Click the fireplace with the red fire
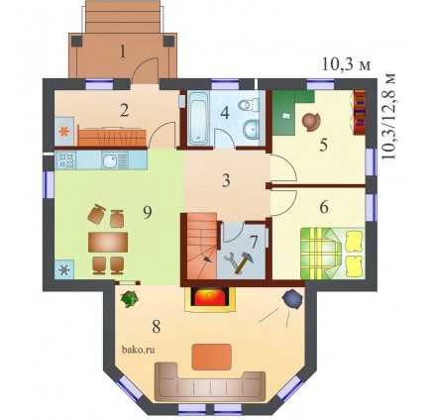point(210,299)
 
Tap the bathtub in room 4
point(198,119)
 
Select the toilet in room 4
point(250,105)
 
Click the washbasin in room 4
point(253,129)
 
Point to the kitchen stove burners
point(66,160)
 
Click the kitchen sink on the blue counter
point(109,160)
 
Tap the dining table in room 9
point(108,242)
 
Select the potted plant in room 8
point(130,298)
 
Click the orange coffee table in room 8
point(211,357)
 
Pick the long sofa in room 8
point(210,382)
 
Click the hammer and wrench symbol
point(239,262)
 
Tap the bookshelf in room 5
point(360,112)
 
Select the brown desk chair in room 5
point(311,121)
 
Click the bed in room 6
point(333,254)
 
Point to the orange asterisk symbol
point(63,133)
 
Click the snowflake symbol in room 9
point(64,270)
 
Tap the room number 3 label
point(226,181)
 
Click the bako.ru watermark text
point(139,350)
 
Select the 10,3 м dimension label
point(346,65)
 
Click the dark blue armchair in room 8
point(292,299)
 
